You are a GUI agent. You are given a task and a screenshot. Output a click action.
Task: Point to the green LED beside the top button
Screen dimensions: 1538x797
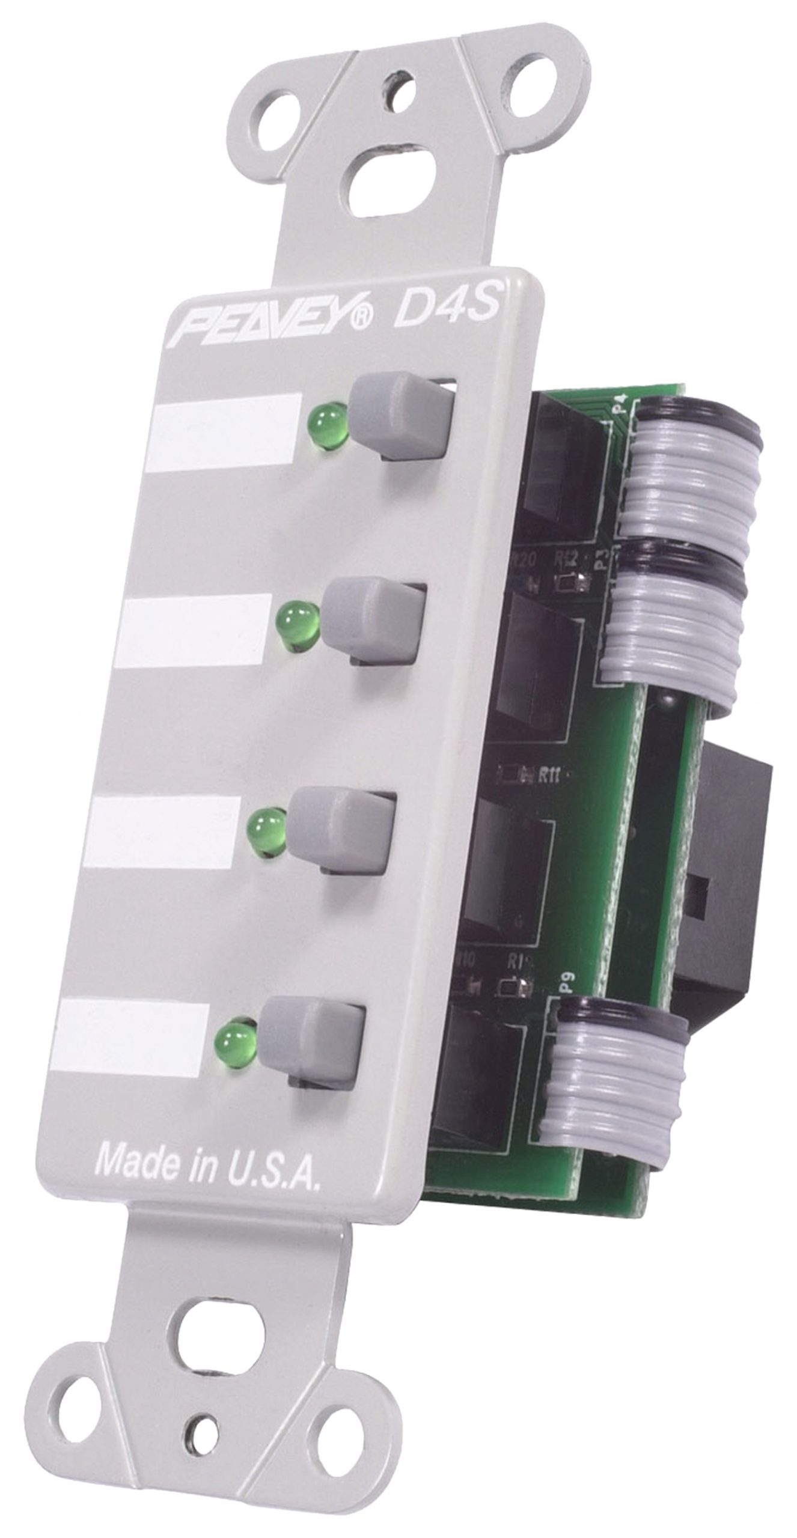pyautogui.click(x=328, y=425)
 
